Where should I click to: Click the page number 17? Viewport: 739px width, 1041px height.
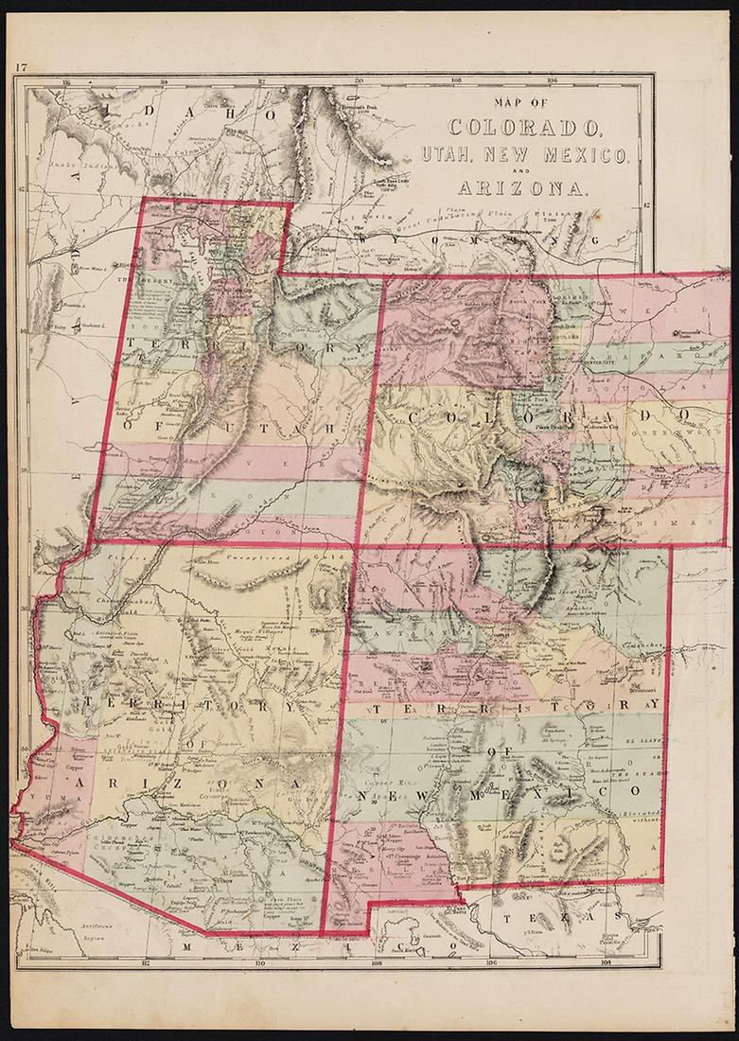[20, 66]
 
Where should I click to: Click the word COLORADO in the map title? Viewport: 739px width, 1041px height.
[523, 126]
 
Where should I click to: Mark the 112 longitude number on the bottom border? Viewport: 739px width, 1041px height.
[144, 963]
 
